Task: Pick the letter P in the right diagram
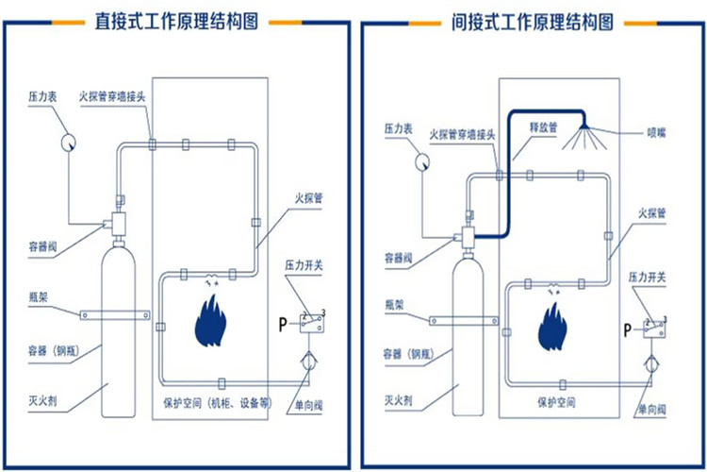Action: tap(627, 329)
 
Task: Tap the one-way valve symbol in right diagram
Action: tap(652, 363)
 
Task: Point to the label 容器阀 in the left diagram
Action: tap(45, 248)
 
